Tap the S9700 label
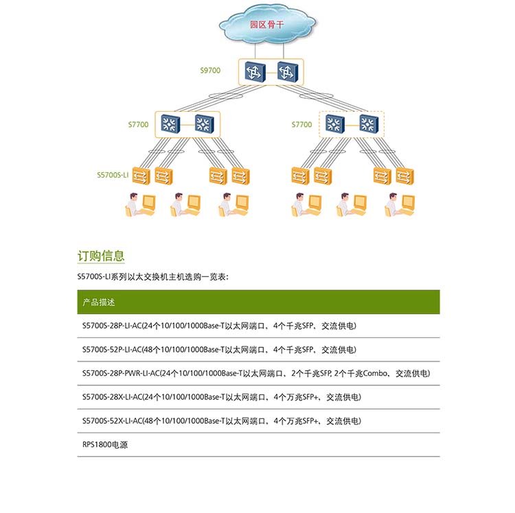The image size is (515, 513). tap(210, 70)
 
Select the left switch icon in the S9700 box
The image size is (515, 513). tap(255, 72)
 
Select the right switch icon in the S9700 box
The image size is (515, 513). tap(286, 72)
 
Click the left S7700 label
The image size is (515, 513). tap(138, 125)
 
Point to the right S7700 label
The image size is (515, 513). tap(301, 125)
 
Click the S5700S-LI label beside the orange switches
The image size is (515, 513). tap(113, 176)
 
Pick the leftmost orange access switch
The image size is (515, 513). tap(141, 176)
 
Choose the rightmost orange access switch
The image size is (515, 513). tap(404, 176)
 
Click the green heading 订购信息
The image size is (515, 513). tap(101, 256)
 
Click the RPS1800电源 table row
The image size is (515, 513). tap(105, 444)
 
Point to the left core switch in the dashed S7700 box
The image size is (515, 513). tap(334, 123)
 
